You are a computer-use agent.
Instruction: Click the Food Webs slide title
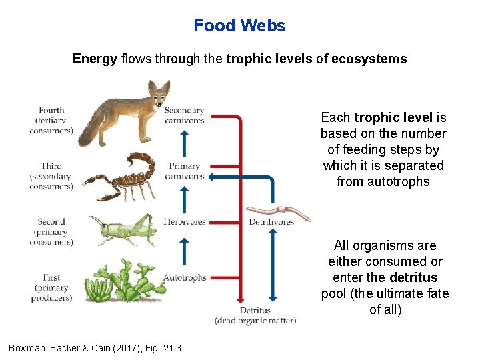pos(239,26)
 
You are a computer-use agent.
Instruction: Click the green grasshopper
pos(125,228)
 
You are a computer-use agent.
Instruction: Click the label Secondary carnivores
pos(184,115)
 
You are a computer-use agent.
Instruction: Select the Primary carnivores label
pos(185,171)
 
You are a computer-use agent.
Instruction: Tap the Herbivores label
pos(185,222)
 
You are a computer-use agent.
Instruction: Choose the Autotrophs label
pos(185,277)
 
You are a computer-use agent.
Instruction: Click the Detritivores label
pos(271,222)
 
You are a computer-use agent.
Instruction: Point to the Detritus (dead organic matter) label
pos(255,315)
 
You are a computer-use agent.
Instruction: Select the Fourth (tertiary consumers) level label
pos(51,121)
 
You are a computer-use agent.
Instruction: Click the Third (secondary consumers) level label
pos(51,176)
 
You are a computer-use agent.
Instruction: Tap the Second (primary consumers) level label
pos(51,232)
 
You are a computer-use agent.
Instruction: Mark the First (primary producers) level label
pos(51,287)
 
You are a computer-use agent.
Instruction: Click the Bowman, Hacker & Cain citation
pos(95,348)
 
